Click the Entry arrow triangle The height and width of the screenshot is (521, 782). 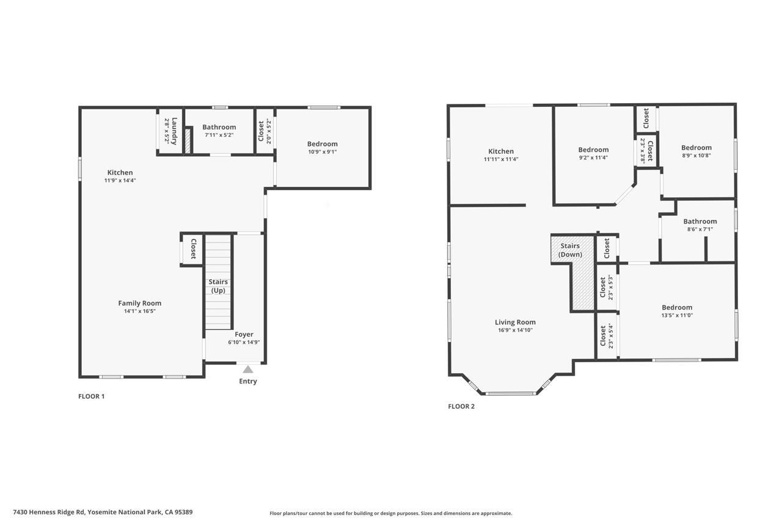tap(247, 370)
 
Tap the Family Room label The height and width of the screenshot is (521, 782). tap(139, 303)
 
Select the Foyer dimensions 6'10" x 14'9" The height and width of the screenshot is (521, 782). tap(244, 343)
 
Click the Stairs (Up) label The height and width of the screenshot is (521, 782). tap(218, 286)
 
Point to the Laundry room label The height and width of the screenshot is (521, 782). tap(174, 131)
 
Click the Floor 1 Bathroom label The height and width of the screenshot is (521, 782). tap(219, 127)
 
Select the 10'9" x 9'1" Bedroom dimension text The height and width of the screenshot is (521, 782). tap(322, 152)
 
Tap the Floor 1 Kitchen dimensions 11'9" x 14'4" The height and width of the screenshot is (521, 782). tap(120, 181)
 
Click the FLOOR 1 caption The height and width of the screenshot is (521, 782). tap(91, 396)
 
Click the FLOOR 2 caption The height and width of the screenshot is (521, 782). tap(461, 406)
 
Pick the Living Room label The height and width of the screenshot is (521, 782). tap(515, 322)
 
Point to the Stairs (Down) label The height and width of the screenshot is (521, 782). tap(570, 250)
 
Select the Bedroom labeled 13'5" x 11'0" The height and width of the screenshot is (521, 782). tap(677, 307)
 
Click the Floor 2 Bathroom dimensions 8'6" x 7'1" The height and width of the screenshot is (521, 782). tap(700, 230)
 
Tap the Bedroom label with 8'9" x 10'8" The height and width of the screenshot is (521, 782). tap(696, 147)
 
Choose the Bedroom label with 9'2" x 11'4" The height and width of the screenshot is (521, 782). tap(593, 150)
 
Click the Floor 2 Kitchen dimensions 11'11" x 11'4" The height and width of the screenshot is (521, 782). tap(500, 159)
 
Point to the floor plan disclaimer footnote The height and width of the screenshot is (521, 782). tap(391, 514)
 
